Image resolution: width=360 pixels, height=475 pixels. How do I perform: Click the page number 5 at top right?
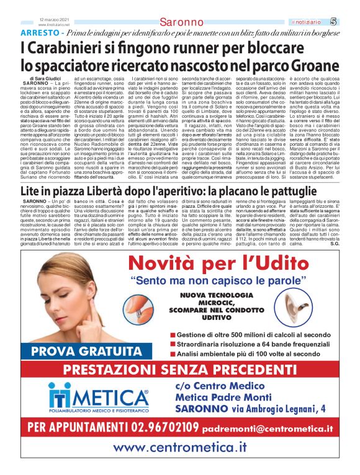[x=350, y=21]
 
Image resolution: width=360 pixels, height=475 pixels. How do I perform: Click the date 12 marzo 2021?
[x=53, y=19]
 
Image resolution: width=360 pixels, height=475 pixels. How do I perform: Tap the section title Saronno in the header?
[x=181, y=22]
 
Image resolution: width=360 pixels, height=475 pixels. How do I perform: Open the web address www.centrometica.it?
[x=179, y=447]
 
